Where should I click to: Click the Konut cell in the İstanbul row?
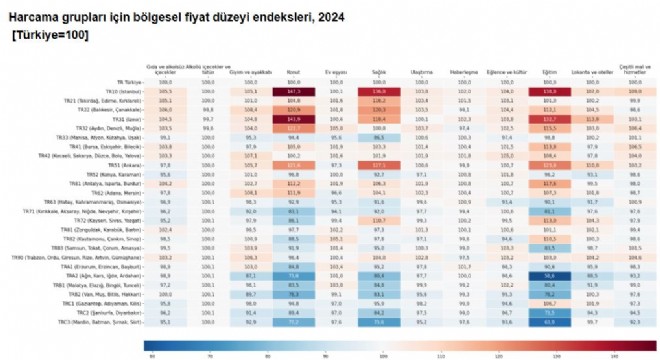pos(294,91)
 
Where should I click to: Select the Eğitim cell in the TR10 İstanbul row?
pos(549,91)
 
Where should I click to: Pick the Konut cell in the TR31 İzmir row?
pos(294,118)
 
